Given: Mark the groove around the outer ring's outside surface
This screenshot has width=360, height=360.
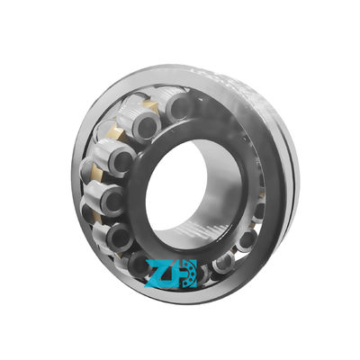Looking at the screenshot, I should [x=286, y=180].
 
